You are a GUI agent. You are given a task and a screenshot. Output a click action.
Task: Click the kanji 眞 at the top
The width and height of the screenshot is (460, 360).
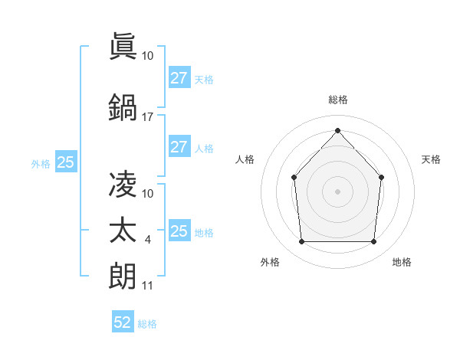coord(123,44)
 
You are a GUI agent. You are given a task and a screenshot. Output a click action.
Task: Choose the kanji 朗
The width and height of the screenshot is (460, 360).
coord(123,274)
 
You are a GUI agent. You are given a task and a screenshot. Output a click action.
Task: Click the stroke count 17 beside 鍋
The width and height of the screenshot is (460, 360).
coord(147,117)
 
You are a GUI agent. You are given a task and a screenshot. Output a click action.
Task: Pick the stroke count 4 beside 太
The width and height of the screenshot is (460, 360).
coord(148,241)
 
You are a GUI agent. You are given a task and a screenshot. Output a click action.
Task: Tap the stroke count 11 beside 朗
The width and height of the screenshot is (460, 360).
coord(147,286)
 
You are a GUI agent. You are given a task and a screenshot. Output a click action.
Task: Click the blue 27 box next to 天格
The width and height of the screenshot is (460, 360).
coord(179,78)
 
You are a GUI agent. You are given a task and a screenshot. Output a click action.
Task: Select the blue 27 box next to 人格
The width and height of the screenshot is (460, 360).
coord(179,147)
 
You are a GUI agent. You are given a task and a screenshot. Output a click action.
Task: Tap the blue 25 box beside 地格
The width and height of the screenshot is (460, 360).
coord(179,231)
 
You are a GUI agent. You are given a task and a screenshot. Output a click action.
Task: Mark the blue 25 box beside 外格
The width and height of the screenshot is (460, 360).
coord(65,162)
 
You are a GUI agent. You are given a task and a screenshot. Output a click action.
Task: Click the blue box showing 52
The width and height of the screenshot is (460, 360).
coord(123,322)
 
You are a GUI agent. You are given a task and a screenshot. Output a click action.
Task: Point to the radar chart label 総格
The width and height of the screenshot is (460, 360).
coord(337,100)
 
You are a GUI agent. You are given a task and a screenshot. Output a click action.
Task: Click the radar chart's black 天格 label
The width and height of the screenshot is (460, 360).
coord(431,159)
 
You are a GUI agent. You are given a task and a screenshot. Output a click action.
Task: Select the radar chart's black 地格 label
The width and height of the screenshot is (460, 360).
coord(402,263)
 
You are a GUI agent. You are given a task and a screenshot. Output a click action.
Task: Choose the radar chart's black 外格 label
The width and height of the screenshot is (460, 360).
coord(270,263)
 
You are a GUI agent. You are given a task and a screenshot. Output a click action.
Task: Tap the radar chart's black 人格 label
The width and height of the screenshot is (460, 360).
coord(245,159)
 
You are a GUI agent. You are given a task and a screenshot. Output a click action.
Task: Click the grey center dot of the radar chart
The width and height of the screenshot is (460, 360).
coord(337,191)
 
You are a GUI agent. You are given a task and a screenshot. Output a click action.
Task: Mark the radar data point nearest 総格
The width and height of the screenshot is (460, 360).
coord(337,130)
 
